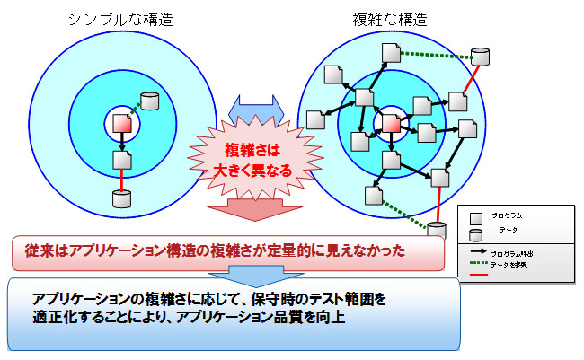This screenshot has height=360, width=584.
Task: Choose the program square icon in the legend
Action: pyautogui.click(x=476, y=217)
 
